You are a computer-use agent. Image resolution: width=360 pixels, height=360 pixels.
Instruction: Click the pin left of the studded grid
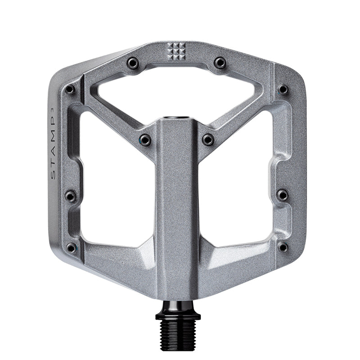click(x=132, y=63)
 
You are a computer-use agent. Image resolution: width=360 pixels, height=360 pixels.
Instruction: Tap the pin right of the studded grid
click(x=220, y=63)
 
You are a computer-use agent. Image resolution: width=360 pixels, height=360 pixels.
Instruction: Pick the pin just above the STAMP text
click(x=70, y=90)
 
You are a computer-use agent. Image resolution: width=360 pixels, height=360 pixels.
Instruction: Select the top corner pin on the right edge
click(x=283, y=90)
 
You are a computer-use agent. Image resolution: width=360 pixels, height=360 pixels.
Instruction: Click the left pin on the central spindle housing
click(x=145, y=139)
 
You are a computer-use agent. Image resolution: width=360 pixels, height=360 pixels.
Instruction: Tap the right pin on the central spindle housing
click(x=208, y=139)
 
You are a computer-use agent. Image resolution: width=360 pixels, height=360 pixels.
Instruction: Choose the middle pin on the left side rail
click(x=71, y=196)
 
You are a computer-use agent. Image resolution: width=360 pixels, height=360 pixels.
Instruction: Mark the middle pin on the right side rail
click(x=282, y=195)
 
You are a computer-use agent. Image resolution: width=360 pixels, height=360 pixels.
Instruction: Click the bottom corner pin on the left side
click(x=71, y=247)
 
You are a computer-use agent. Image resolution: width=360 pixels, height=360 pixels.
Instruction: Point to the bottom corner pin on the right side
click(x=283, y=247)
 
